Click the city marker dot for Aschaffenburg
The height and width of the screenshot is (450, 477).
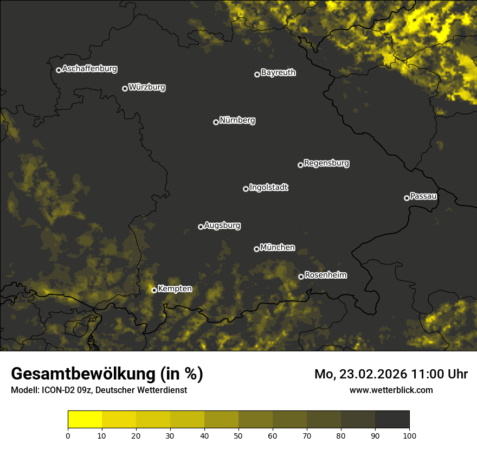coord(59,70)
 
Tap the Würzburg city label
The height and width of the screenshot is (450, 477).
coord(147,87)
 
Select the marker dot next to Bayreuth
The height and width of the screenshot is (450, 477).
coord(257,74)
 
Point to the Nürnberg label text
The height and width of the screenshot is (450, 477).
coord(237,120)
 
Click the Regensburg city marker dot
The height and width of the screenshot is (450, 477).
coord(300,165)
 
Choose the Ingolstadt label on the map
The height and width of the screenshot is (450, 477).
coord(269,188)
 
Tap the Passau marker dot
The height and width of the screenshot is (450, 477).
coord(407,198)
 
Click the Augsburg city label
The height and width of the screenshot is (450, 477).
coord(222,226)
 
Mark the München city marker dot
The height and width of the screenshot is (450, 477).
coord(256,249)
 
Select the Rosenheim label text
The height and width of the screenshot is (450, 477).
coord(326,275)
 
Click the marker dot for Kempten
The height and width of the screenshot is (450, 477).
coord(154,290)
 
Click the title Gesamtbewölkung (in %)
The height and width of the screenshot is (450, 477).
coord(107,374)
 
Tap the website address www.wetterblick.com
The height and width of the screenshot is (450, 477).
coord(391,390)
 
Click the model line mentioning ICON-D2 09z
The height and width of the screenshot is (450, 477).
coord(99,390)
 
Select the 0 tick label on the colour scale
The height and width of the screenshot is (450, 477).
coord(68,435)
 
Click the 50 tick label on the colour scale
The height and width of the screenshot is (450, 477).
coord(238,435)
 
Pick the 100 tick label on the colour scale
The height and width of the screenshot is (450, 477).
coord(409,435)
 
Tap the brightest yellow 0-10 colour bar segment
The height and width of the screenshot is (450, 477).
coord(85,420)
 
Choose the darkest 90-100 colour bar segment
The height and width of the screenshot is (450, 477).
coord(392,420)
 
